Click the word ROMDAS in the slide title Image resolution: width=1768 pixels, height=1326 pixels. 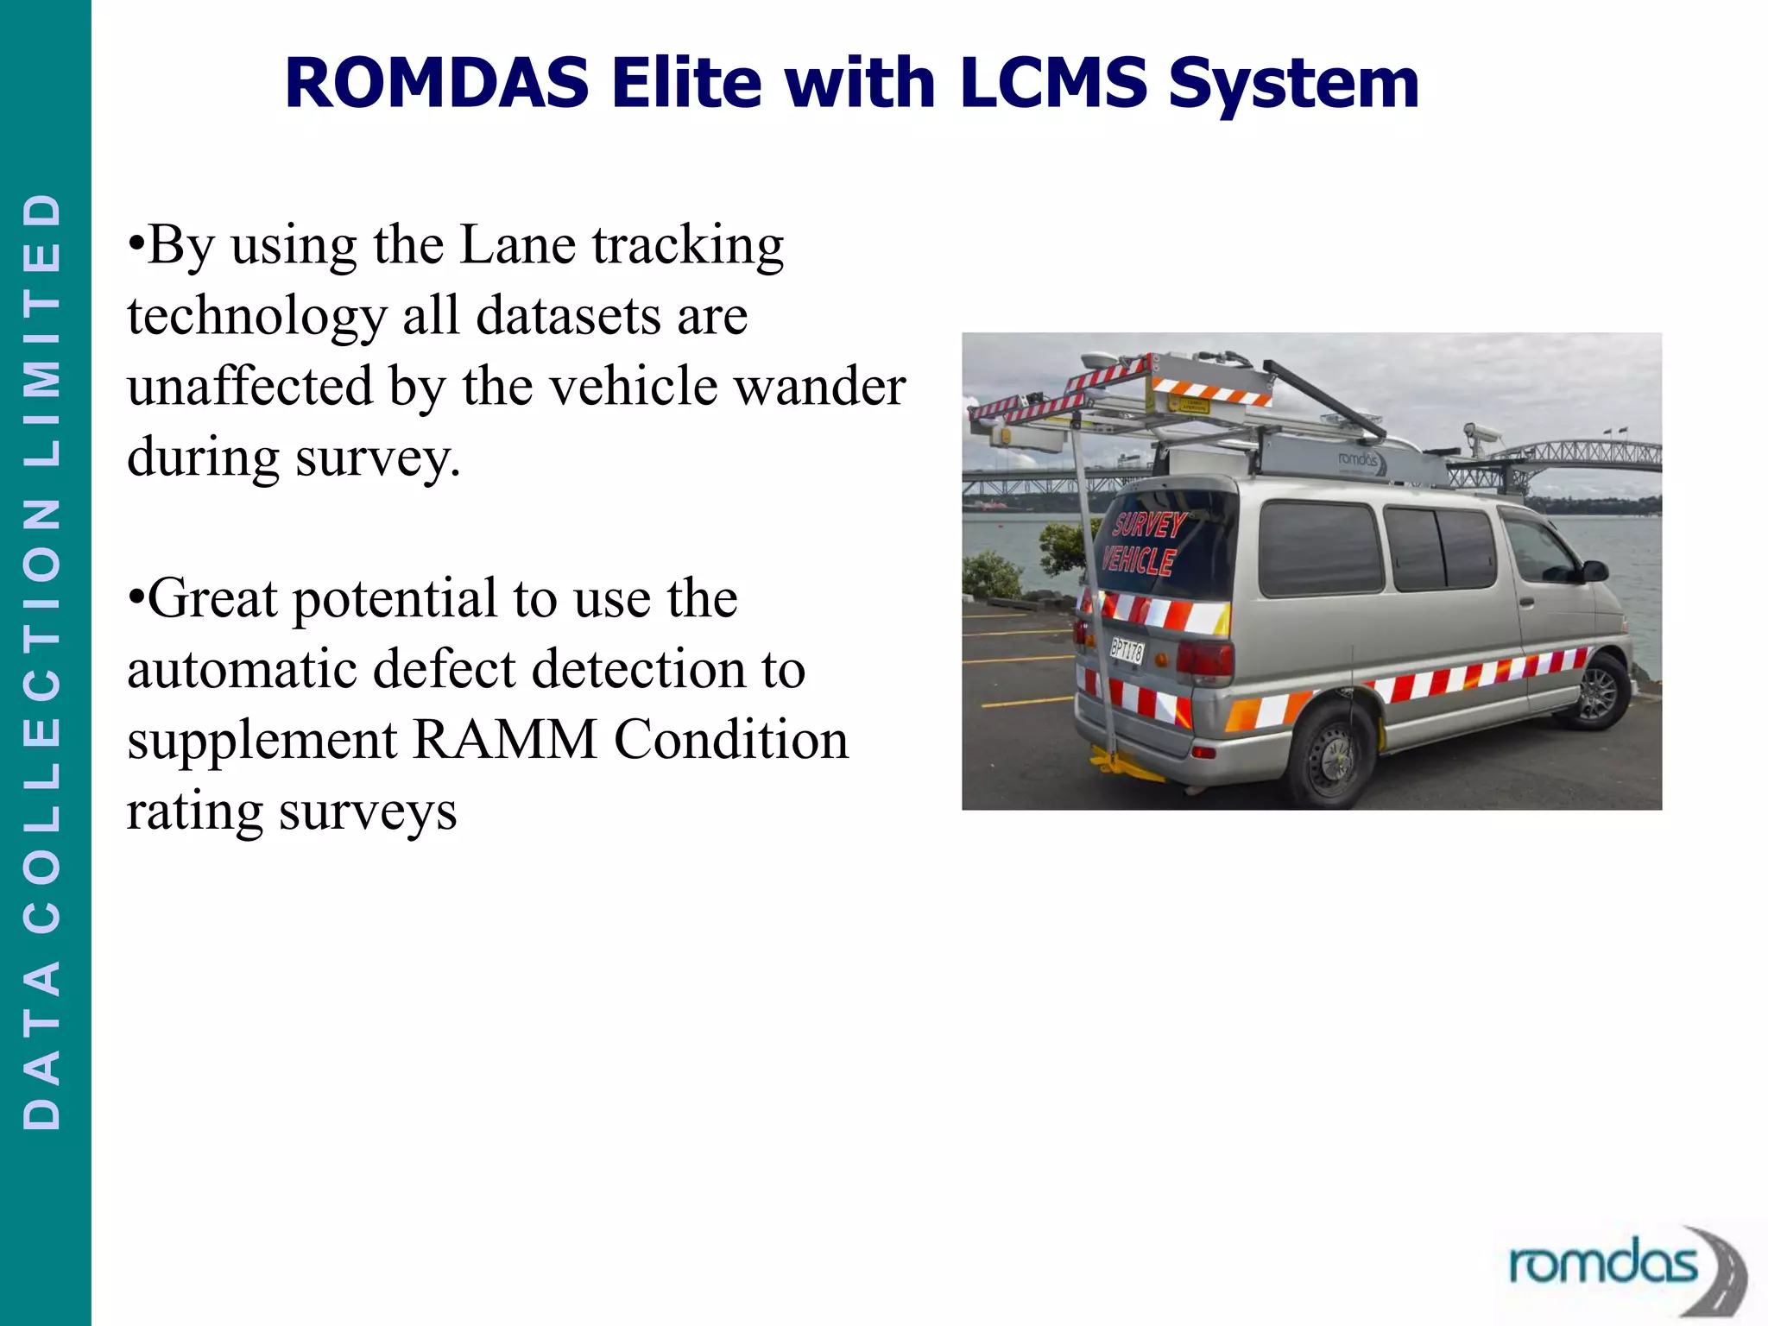click(x=437, y=83)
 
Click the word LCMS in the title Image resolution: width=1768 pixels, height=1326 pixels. click(x=1053, y=83)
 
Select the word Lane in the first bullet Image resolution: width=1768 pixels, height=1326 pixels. click(x=517, y=245)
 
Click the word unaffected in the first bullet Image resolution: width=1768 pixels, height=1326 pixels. click(x=250, y=386)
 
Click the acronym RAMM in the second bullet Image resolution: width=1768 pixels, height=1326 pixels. click(x=505, y=740)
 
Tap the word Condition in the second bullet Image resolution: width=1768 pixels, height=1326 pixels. click(x=731, y=740)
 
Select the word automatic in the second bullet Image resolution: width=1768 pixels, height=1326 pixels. click(x=242, y=669)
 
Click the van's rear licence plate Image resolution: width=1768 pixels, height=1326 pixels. click(x=1127, y=649)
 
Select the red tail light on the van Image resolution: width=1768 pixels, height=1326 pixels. click(x=1205, y=658)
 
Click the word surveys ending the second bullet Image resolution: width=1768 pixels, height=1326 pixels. click(x=368, y=812)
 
